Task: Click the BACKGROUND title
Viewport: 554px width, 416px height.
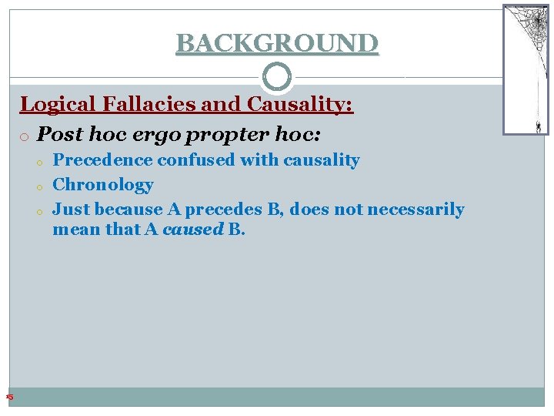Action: [x=277, y=43]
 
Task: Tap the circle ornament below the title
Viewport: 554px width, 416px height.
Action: [x=277, y=77]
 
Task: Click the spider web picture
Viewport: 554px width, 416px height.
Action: [x=526, y=62]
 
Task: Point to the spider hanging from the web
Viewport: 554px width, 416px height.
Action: [x=538, y=125]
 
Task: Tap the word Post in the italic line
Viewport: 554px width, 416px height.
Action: [x=60, y=134]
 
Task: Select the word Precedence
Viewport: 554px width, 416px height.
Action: [x=103, y=160]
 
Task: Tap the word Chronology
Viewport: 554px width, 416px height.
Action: [x=102, y=185]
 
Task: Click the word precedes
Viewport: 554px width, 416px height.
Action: [x=238, y=210]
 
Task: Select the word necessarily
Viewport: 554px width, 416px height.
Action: [x=415, y=210]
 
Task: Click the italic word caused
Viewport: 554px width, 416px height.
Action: [x=192, y=230]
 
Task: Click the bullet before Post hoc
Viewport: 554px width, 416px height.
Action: [x=26, y=136]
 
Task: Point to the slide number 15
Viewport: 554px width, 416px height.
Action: [x=9, y=397]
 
